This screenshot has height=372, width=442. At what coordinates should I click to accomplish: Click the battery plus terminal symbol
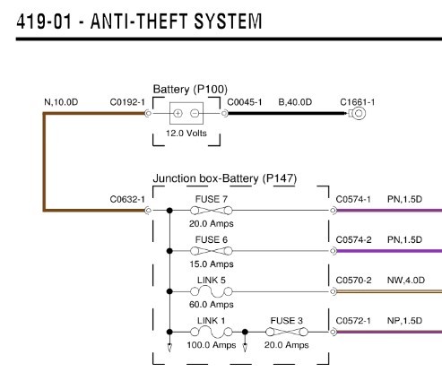click(178, 113)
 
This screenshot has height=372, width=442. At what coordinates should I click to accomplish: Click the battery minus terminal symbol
click(195, 113)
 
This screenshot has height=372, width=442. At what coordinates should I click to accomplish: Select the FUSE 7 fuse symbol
click(212, 211)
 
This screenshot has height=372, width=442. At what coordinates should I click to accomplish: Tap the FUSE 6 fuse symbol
click(212, 251)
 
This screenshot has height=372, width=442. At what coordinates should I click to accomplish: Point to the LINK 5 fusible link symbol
click(212, 291)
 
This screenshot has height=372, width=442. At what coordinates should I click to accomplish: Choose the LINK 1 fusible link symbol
click(212, 332)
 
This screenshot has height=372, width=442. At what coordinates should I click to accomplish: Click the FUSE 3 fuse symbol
click(287, 332)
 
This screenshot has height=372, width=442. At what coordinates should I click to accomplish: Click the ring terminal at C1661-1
click(358, 113)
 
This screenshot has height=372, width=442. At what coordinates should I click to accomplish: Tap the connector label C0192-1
click(127, 102)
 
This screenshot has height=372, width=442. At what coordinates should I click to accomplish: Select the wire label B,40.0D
click(295, 102)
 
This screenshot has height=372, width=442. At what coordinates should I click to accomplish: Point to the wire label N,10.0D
click(61, 102)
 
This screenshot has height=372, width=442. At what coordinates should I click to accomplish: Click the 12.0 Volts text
click(186, 133)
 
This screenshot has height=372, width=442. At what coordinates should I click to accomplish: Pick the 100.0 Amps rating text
click(212, 345)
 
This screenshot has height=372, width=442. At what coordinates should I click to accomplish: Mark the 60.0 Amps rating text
click(212, 305)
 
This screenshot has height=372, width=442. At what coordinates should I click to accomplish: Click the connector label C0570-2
click(353, 281)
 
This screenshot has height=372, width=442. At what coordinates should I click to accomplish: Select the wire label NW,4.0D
click(406, 281)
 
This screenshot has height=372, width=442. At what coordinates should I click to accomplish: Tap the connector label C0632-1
click(127, 199)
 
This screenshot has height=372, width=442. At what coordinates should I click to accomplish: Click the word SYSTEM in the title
click(228, 22)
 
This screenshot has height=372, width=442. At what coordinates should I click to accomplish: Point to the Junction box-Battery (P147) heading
click(225, 178)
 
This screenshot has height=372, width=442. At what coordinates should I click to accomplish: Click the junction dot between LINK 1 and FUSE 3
click(245, 332)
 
